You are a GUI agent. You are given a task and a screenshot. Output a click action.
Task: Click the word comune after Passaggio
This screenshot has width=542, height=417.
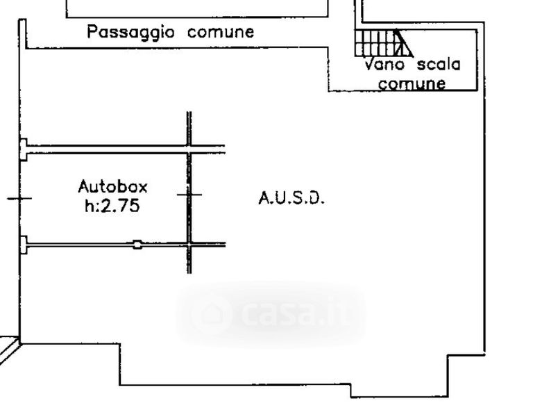point(221,32)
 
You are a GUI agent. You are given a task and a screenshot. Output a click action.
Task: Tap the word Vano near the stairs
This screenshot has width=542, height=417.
point(385,65)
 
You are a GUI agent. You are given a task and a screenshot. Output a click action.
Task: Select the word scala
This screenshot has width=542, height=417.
point(438,65)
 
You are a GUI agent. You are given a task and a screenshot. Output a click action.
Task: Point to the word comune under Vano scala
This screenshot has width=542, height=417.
point(412,83)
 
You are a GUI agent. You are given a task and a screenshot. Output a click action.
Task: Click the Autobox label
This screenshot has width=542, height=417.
point(112,186)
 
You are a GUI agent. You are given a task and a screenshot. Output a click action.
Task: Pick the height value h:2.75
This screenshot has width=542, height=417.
point(112,205)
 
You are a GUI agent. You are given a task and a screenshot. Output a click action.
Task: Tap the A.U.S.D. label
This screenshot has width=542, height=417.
point(291,198)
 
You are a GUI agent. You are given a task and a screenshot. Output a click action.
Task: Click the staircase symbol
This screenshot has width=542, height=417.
point(382,42)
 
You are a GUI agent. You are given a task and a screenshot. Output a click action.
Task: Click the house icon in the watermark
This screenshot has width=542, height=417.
point(211,314)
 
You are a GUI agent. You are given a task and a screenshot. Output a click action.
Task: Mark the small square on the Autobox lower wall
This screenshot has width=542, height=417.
point(137,244)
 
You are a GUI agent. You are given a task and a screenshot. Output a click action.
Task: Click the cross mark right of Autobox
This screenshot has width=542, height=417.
point(189,195)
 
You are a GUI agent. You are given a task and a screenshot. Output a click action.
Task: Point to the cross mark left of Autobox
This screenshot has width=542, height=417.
point(19,199)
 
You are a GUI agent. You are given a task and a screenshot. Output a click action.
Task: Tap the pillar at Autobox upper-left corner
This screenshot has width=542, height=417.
point(23,148)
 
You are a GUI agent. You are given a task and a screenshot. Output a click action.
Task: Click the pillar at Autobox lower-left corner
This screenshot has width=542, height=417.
point(23,245)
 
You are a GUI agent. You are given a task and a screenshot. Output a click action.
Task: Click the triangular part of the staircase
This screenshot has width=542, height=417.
point(403,44)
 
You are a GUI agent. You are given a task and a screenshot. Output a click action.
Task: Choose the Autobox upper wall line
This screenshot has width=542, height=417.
point(104,147)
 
